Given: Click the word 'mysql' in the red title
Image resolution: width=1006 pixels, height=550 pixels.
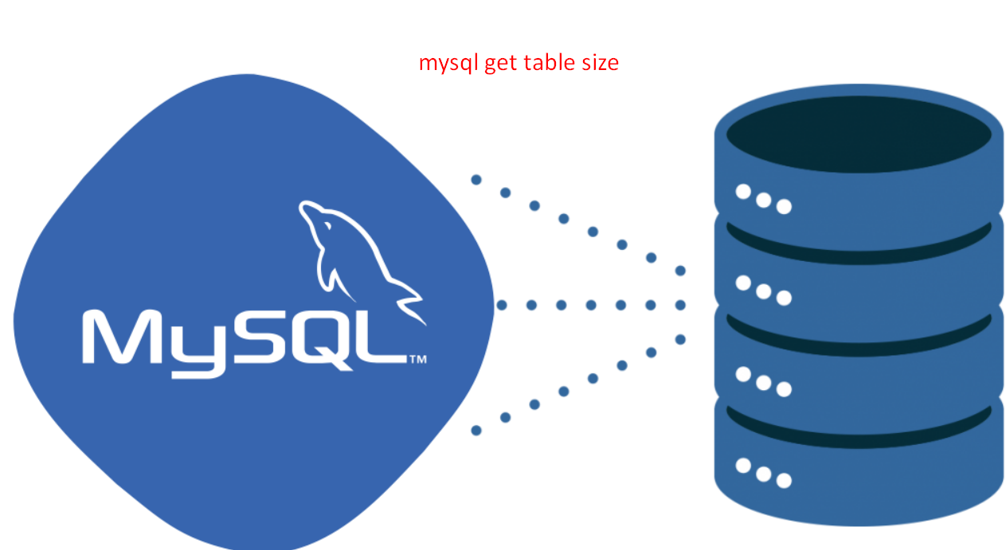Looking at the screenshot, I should click(x=448, y=64).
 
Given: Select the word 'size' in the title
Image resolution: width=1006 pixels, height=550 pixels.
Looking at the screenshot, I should click(x=600, y=63).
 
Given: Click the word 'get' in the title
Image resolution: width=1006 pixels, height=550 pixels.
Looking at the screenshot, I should click(x=501, y=64).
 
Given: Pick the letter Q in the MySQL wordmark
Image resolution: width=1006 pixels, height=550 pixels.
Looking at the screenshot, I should click(x=323, y=340).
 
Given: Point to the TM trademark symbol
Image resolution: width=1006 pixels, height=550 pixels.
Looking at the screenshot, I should click(x=417, y=360).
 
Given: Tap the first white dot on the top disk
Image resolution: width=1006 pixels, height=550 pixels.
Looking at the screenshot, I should click(x=743, y=192).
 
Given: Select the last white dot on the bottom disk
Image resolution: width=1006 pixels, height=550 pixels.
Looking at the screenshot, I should click(x=784, y=481).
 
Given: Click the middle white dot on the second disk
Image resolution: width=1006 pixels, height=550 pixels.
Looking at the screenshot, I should click(x=763, y=291).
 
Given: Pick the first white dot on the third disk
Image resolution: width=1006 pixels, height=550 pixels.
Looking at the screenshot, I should click(x=743, y=374).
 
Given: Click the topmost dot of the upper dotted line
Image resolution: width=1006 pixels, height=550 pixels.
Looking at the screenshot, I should click(x=476, y=180).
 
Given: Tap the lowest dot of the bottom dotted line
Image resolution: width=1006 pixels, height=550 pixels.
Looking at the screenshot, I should click(x=476, y=431).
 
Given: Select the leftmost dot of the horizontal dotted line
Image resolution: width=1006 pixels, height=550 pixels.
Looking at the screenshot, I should click(x=502, y=305).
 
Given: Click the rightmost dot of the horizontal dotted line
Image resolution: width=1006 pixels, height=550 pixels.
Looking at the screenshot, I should click(x=680, y=305).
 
